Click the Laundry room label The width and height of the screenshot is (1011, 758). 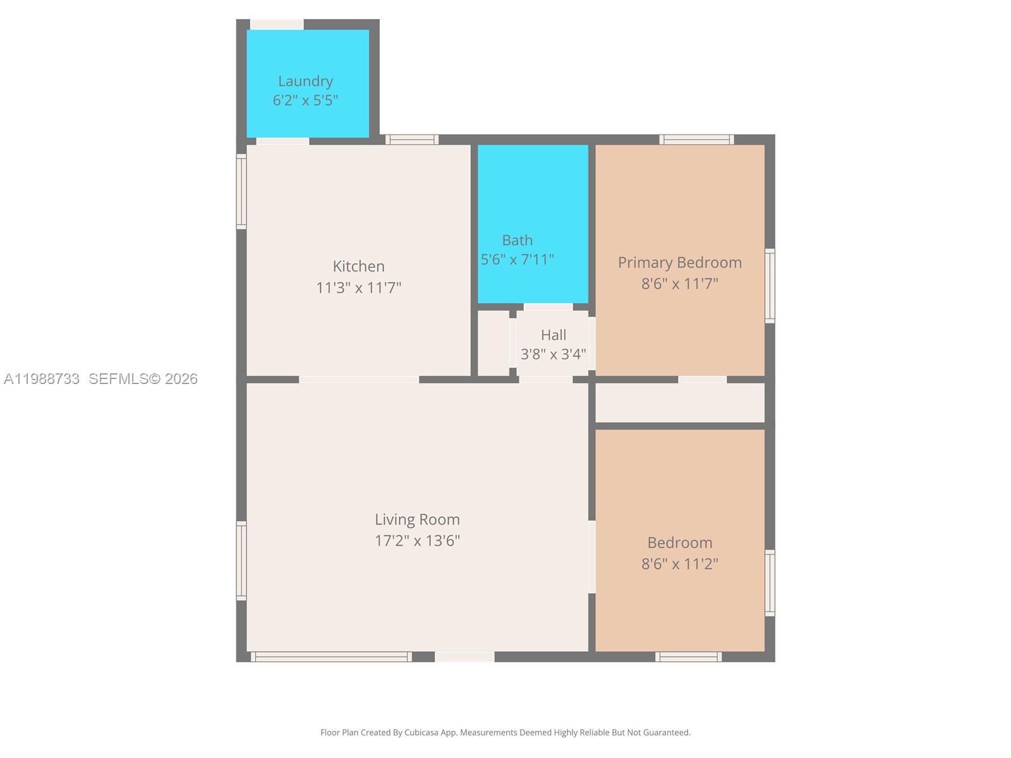click(x=305, y=81)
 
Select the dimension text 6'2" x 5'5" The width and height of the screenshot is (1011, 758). click(x=305, y=100)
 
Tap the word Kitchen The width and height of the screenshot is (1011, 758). click(x=358, y=266)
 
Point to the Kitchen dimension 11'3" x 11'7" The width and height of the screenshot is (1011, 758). click(x=358, y=288)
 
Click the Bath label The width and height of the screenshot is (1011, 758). click(x=517, y=240)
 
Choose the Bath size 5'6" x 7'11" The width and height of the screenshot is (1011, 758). click(x=517, y=260)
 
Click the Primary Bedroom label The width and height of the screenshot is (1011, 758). click(x=679, y=262)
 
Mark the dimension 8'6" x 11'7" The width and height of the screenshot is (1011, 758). click(x=679, y=284)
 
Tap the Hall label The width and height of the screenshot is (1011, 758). click(x=553, y=335)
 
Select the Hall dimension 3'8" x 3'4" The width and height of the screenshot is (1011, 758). click(x=553, y=354)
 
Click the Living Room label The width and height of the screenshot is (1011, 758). click(x=417, y=519)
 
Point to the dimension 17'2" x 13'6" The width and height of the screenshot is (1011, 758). click(x=417, y=541)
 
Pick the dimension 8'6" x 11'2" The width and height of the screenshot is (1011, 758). click(x=679, y=564)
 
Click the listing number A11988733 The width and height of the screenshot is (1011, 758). click(x=42, y=379)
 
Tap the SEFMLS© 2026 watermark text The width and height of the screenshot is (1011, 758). click(x=143, y=379)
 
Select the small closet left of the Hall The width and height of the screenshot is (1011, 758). click(x=493, y=343)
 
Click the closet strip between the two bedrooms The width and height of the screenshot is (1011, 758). click(x=679, y=403)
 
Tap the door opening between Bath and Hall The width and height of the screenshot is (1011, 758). click(x=548, y=307)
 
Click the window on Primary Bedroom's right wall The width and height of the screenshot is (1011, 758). click(x=770, y=286)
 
